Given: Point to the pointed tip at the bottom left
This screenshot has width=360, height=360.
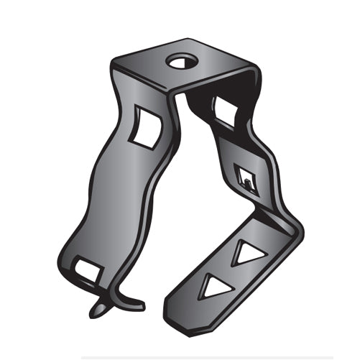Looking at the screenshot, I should pos(96,313).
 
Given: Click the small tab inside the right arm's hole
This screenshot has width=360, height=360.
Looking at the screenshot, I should pos(247,182).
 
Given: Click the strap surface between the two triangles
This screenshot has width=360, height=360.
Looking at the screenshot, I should pos(229,271).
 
